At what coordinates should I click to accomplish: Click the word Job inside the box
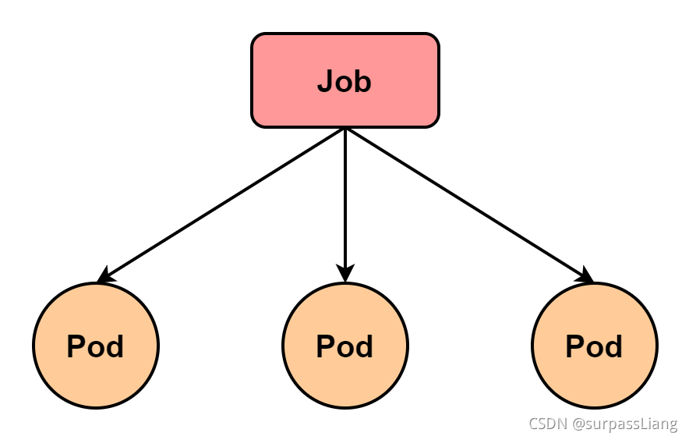pos(344,81)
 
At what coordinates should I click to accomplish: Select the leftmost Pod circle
pos(95,346)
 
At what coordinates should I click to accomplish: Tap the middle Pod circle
pos(344,346)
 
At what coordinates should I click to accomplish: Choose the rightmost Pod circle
pos(594,346)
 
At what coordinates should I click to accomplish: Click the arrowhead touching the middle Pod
pos(344,273)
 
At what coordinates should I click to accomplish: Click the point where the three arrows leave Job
pos(344,128)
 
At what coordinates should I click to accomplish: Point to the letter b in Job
pos(362,81)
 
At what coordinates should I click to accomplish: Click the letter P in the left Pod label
pos(76,346)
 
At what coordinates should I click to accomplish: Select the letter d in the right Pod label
pos(613,346)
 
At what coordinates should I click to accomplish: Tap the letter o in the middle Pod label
pos(344,348)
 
